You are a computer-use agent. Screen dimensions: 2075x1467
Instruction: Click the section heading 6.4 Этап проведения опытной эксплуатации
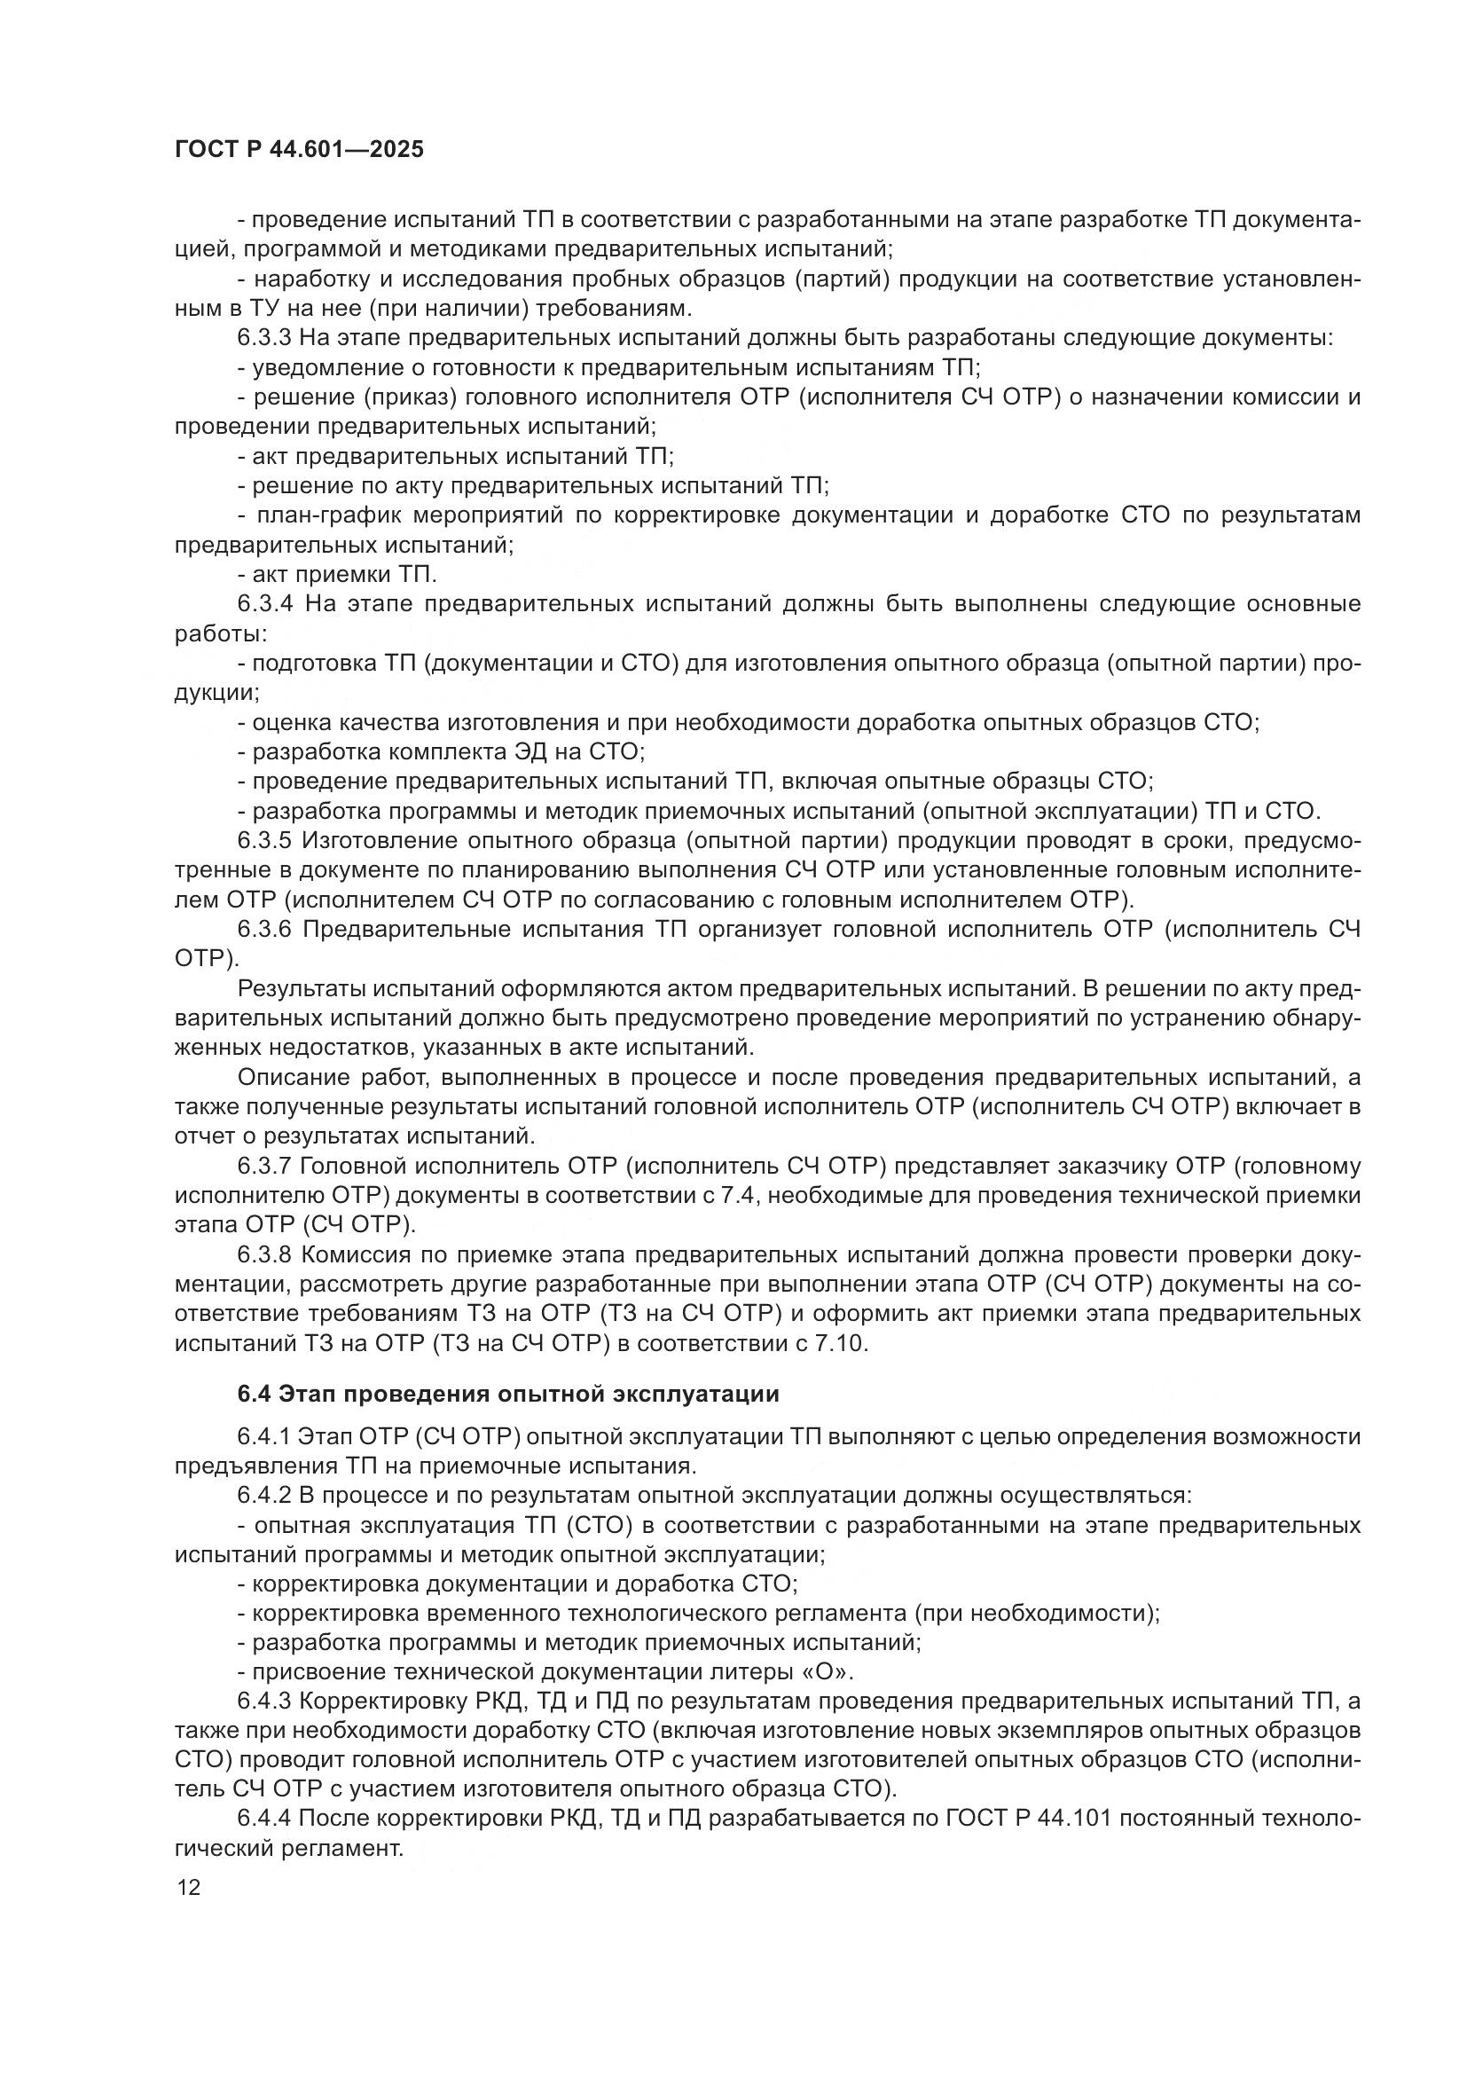(507, 1394)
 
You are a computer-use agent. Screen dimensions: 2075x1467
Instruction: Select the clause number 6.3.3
(263, 338)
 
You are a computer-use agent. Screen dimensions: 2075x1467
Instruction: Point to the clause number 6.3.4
(265, 604)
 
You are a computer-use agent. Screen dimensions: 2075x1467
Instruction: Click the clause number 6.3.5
(263, 840)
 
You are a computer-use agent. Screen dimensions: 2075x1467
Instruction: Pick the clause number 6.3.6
(263, 929)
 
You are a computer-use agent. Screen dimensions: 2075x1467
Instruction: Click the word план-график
(327, 515)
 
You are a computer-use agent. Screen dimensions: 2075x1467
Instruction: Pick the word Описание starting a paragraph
(292, 1077)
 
